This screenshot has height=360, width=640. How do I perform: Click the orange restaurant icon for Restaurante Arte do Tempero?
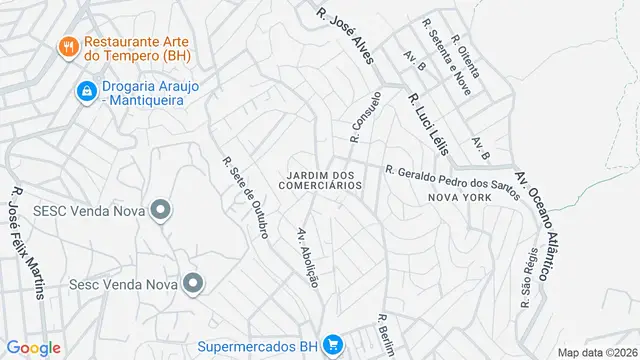click(x=69, y=45)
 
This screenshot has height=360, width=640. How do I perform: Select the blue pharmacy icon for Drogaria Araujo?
click(x=88, y=93)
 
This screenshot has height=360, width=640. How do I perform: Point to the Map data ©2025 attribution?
click(x=597, y=352)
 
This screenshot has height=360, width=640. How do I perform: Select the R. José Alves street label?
click(x=344, y=37)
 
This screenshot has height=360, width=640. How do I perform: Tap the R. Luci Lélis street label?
click(x=426, y=124)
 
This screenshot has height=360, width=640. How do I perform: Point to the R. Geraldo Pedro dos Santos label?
click(x=452, y=181)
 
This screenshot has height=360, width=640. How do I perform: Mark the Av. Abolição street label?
click(x=307, y=258)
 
